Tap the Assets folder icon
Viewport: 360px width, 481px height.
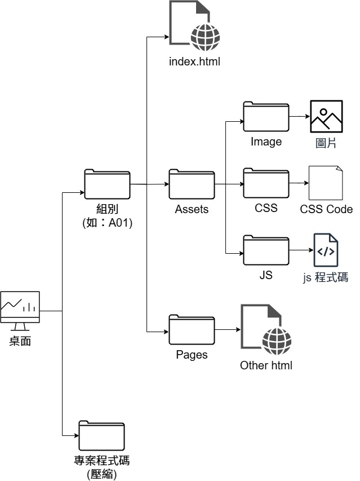coord(192,184)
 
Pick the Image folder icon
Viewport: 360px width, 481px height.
coord(266,117)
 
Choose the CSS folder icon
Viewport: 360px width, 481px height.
coord(266,183)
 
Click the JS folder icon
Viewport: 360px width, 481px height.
coord(266,250)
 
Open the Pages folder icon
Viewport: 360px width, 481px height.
coord(192,330)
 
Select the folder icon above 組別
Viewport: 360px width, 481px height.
coord(107,184)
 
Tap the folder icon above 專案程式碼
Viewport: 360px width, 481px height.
coord(101,435)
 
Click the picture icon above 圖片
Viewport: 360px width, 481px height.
coord(326,117)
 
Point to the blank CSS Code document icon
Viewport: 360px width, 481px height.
coord(326,183)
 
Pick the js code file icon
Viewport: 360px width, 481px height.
coord(326,250)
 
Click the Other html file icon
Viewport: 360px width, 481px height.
coord(266,330)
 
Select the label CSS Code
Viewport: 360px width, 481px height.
coord(326,209)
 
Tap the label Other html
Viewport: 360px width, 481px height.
coord(266,365)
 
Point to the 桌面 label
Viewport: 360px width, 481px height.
coord(20,341)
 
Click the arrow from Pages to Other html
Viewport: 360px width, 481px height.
coord(227,330)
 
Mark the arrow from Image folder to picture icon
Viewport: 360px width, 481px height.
coord(299,117)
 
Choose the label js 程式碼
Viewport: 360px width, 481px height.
coord(326,277)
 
